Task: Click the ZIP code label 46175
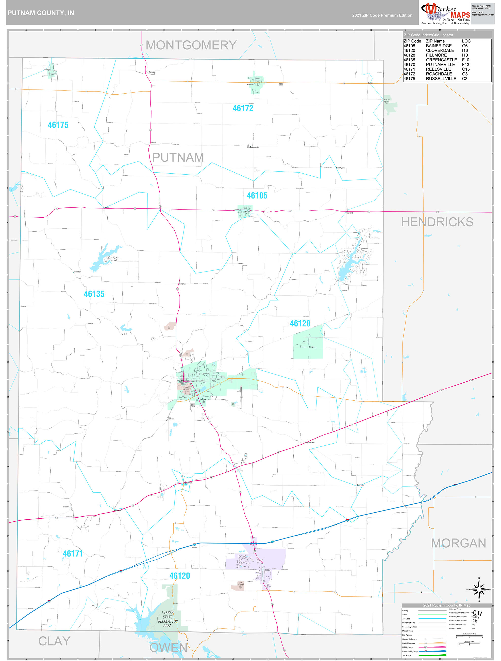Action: [58, 125]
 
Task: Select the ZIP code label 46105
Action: [257, 196]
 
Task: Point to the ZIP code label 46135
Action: [94, 294]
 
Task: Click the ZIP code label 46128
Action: [300, 323]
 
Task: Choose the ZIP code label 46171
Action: [73, 553]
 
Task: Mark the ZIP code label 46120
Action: [179, 576]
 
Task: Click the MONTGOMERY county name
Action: [191, 45]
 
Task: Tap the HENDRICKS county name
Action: [437, 222]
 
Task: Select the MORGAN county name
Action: [458, 543]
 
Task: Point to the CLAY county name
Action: [54, 641]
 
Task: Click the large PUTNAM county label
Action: [178, 157]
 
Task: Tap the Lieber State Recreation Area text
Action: [168, 619]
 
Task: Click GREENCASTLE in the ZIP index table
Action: [441, 60]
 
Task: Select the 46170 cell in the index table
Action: [409, 65]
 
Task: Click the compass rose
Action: [479, 590]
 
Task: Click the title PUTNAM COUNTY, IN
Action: [41, 13]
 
